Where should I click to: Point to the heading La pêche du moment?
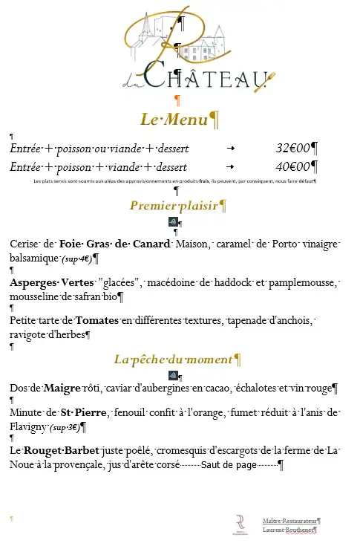172,360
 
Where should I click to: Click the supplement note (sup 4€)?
76,259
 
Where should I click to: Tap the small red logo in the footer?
240,524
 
